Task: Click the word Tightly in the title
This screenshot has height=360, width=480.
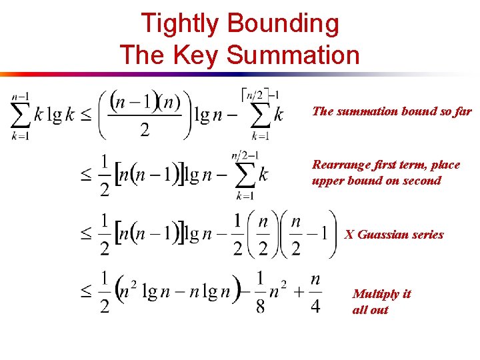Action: coord(179,24)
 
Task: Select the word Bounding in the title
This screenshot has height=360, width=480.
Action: coord(283,24)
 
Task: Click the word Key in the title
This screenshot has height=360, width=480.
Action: coord(195,54)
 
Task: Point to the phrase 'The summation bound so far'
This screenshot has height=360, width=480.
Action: coord(391,111)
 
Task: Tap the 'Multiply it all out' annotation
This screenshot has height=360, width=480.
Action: coord(381,301)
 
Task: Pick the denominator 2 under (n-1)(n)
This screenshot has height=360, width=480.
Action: coord(145,130)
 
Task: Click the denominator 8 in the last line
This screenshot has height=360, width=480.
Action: coord(260,307)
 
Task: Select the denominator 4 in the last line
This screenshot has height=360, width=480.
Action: coord(315,307)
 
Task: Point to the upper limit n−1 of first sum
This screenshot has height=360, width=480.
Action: coord(21,96)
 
